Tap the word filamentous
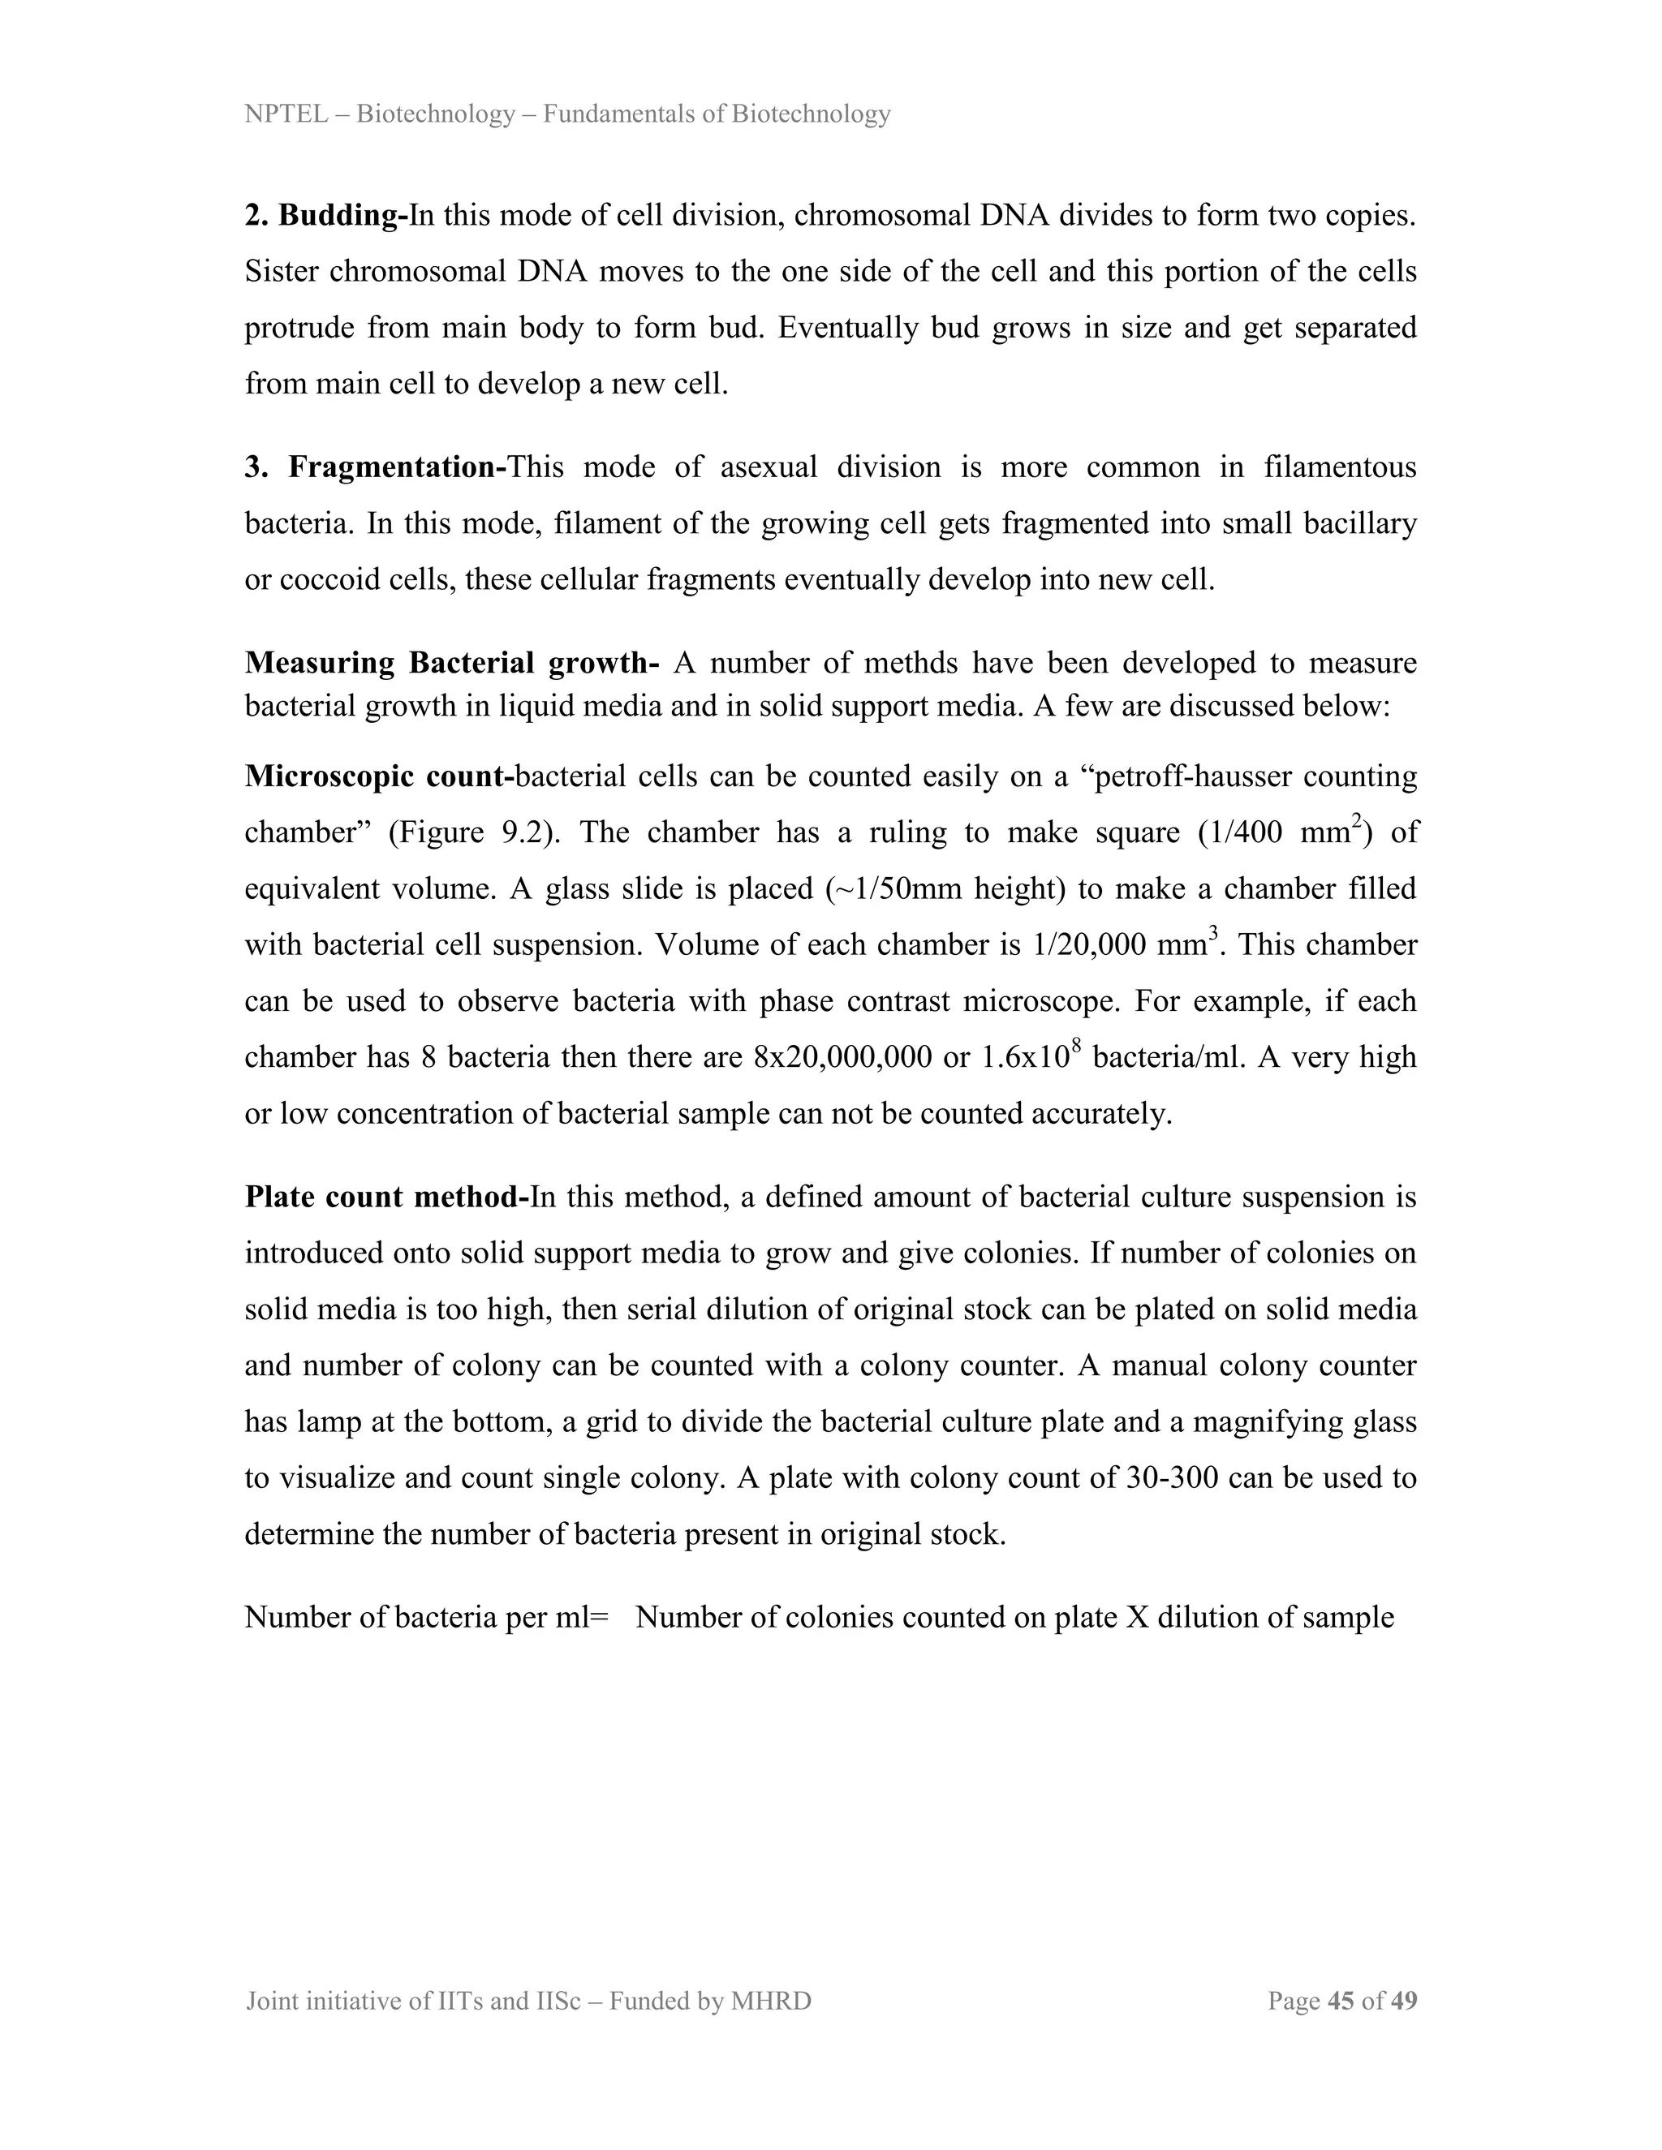(1340, 467)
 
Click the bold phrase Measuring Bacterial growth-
(451, 663)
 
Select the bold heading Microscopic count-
(379, 776)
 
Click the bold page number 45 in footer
(1341, 2001)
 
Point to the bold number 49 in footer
(1404, 2001)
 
